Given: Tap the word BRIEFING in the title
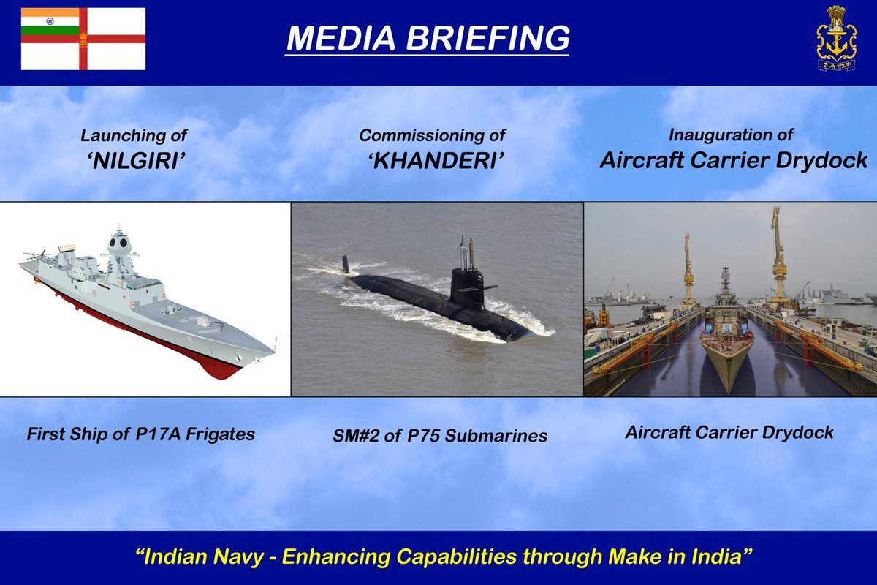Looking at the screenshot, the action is pos(487,39).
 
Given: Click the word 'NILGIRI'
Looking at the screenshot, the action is pos(136,161).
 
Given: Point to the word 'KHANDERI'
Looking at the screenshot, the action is pos(436,161).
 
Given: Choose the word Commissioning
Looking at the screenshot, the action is pos(421,136).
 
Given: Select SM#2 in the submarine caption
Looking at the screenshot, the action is pos(355,436).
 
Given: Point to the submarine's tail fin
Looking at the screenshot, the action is pos(345,265).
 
